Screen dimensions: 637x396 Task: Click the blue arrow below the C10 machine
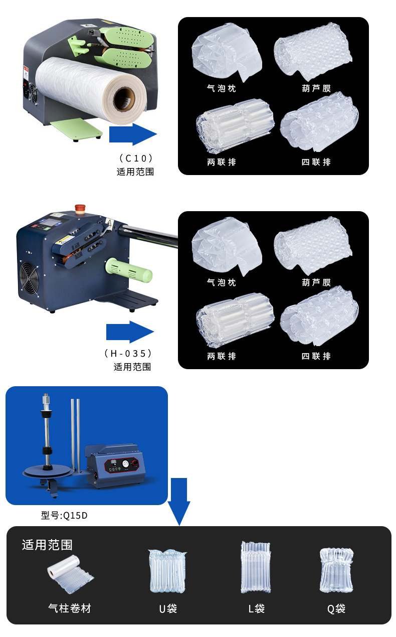(x=132, y=134)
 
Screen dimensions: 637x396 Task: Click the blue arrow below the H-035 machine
(x=129, y=332)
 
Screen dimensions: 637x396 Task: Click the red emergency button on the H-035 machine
(x=79, y=208)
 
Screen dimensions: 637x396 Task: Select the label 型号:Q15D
(x=64, y=516)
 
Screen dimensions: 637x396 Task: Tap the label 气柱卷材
(x=70, y=608)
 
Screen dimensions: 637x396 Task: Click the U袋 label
(x=168, y=609)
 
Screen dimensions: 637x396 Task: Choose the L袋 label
(x=256, y=609)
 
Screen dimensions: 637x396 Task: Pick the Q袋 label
(x=336, y=609)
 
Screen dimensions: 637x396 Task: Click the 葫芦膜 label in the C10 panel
(x=316, y=89)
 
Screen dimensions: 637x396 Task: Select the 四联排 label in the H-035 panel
(x=316, y=356)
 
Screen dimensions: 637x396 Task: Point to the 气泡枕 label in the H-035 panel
(x=221, y=283)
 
